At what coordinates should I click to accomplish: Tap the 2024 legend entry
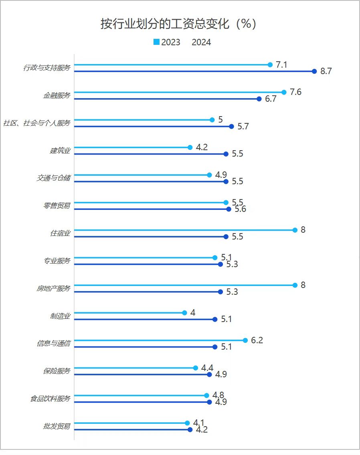(201, 42)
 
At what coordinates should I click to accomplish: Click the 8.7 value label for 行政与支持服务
(326, 72)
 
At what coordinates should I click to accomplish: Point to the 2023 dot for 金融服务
(284, 92)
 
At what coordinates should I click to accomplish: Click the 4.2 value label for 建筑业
(202, 147)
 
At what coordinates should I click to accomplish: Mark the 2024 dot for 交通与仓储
(226, 181)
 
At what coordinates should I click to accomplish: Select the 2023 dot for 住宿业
(295, 230)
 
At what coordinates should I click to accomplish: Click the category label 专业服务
(57, 261)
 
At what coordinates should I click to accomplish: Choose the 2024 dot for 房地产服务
(220, 292)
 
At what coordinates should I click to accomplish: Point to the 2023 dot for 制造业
(184, 312)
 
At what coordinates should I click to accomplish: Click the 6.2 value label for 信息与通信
(257, 340)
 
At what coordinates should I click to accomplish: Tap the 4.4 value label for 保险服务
(207, 368)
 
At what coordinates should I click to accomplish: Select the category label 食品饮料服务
(50, 399)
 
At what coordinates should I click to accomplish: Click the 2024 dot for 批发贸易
(190, 430)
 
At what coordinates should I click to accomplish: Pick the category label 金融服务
(57, 96)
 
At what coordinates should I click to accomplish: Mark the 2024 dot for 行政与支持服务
(315, 71)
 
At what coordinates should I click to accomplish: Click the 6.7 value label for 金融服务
(271, 99)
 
